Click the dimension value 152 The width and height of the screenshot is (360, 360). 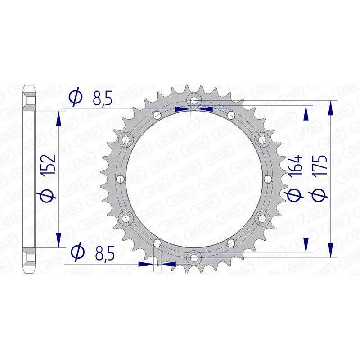(x=49, y=165)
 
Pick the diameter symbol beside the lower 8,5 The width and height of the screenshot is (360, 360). (x=77, y=252)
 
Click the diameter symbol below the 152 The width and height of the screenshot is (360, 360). (x=49, y=194)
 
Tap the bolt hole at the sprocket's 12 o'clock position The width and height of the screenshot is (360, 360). (x=194, y=100)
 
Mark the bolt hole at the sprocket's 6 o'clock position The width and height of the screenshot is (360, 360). (x=194, y=258)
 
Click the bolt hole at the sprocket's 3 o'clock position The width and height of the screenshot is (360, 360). (x=268, y=179)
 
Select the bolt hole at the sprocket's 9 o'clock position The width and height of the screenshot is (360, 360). (x=120, y=179)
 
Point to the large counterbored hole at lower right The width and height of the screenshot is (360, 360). (x=261, y=218)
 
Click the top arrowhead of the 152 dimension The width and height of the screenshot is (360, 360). (x=58, y=118)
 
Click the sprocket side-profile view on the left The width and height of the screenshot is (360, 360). (x=29, y=179)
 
